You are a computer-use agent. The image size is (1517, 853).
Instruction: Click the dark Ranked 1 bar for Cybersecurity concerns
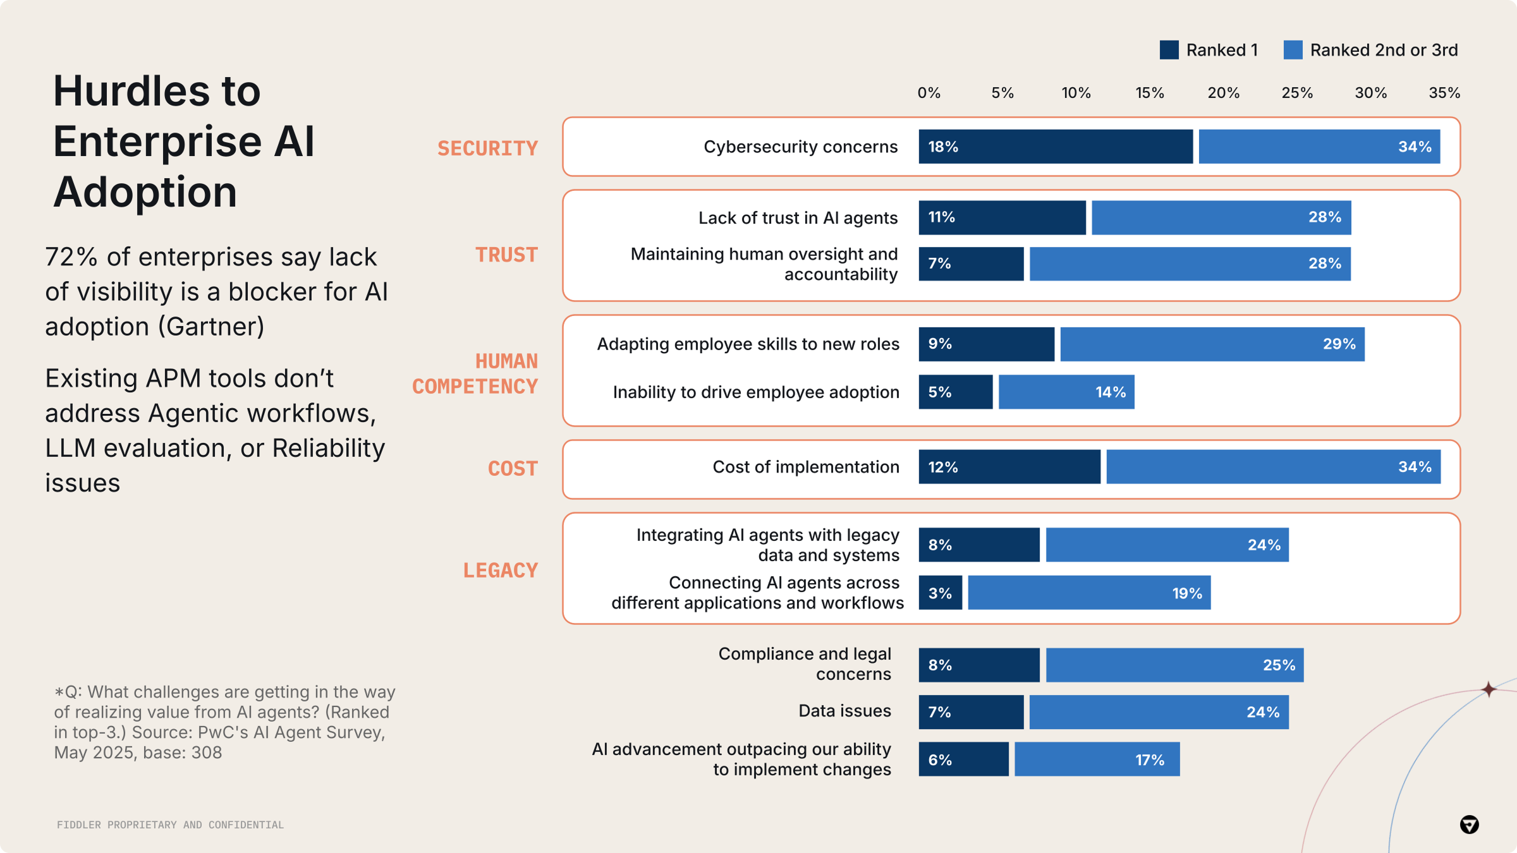click(1056, 147)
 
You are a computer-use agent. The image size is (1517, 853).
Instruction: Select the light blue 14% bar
click(1066, 392)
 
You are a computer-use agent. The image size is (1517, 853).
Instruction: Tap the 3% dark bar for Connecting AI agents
click(940, 593)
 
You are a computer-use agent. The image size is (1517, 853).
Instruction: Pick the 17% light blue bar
click(1097, 759)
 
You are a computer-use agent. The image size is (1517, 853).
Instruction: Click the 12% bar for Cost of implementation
click(1009, 467)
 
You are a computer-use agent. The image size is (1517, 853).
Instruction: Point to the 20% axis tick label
click(1223, 93)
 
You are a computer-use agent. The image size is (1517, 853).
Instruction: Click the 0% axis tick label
click(929, 93)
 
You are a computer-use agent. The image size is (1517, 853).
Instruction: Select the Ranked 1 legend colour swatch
click(1169, 50)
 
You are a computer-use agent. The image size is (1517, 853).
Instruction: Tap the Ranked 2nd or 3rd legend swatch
click(1293, 50)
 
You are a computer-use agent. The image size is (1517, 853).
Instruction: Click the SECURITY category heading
click(487, 148)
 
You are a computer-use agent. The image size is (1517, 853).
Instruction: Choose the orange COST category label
click(513, 469)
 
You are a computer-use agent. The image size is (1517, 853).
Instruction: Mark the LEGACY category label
click(500, 571)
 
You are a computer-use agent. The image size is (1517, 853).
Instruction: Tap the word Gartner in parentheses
click(210, 327)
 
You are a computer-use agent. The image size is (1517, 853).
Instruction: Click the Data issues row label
click(844, 711)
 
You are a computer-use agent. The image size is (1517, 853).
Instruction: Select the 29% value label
click(1339, 344)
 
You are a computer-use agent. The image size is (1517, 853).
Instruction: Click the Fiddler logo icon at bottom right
click(1469, 825)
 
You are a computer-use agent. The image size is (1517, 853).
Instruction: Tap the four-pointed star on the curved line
click(1489, 689)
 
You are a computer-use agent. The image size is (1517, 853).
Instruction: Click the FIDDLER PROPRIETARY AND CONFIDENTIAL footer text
click(170, 825)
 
